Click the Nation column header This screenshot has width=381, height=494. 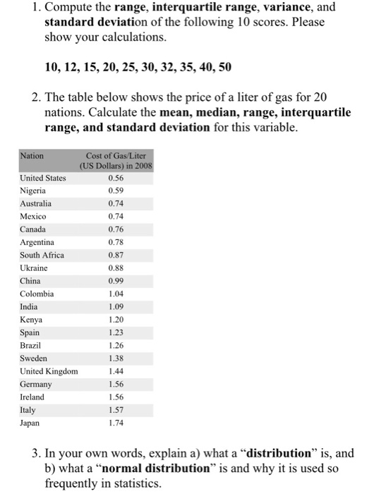point(32,155)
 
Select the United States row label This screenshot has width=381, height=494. point(43,178)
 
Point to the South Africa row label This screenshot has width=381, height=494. point(42,255)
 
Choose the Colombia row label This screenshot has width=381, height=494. point(37,294)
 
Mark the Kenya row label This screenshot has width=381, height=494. point(31,320)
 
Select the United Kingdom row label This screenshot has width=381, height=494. point(49,371)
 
